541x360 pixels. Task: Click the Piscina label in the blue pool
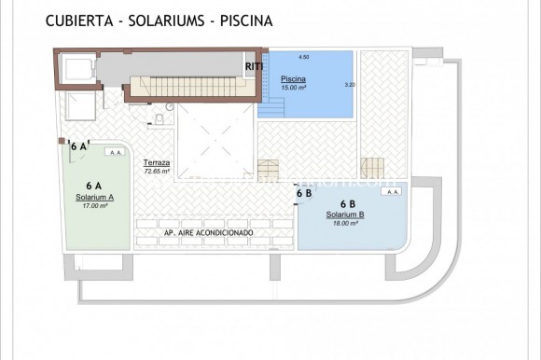(294, 78)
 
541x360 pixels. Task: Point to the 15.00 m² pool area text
(295, 86)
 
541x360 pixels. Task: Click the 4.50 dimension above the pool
(303, 58)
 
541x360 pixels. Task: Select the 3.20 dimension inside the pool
(350, 85)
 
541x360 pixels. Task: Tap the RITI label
(254, 66)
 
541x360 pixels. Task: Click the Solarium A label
(94, 198)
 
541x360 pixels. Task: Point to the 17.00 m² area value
(94, 206)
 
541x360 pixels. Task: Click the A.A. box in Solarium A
(116, 152)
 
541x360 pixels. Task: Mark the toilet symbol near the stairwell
(160, 120)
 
